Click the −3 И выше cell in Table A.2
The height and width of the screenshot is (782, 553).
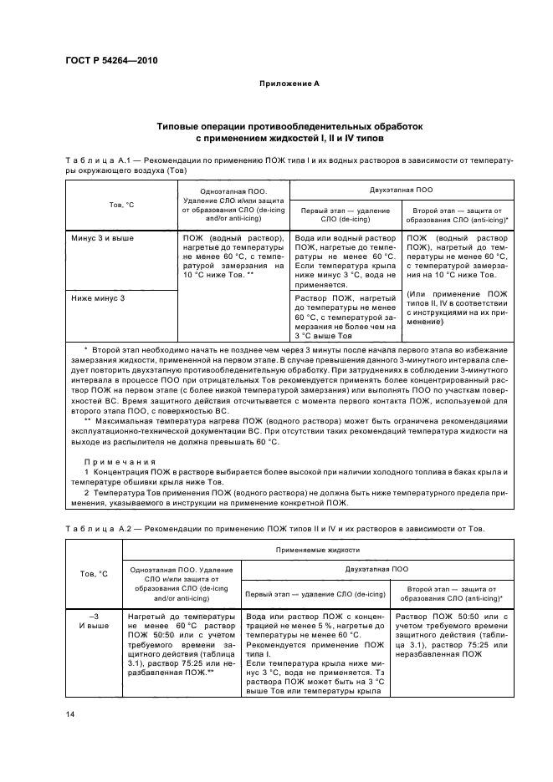[x=94, y=622]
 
